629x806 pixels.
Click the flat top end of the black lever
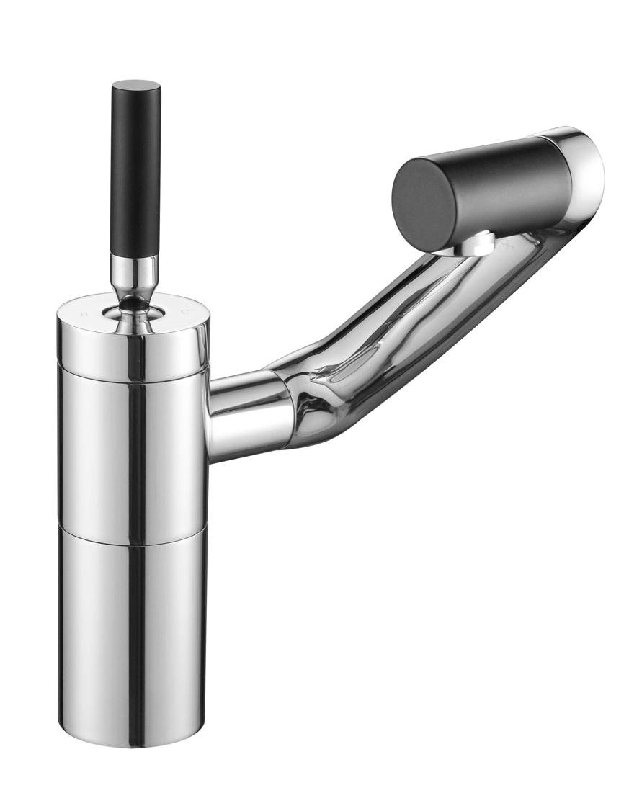pyautogui.click(x=135, y=84)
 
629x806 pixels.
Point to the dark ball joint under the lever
pyautogui.click(x=133, y=307)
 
